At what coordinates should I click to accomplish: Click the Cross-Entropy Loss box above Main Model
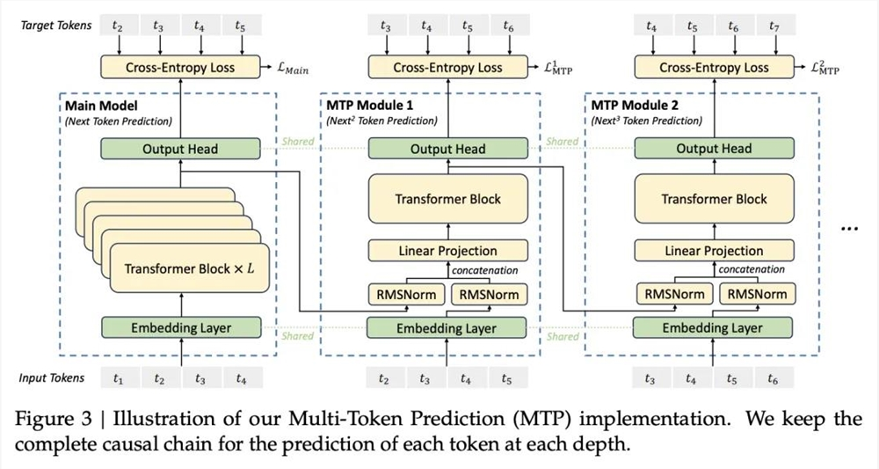pos(180,67)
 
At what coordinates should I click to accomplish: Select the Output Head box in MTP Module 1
pos(448,149)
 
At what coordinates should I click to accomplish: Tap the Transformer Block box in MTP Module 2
pos(714,199)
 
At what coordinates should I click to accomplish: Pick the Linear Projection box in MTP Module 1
pos(448,251)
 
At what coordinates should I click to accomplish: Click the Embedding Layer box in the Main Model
pos(181,327)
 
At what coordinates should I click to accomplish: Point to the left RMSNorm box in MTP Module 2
pos(674,294)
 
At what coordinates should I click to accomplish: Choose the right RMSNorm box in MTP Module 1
pos(490,295)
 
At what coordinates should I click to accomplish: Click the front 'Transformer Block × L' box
pos(190,268)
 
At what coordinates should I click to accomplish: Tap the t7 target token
pos(774,26)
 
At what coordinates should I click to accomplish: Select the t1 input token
pos(118,379)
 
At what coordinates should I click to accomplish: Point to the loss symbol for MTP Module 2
pos(825,68)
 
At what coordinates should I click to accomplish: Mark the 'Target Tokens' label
pos(56,26)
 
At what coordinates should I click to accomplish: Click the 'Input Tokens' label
pos(52,378)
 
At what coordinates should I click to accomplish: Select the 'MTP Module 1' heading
pos(370,105)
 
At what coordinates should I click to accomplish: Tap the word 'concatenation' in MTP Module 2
pos(752,269)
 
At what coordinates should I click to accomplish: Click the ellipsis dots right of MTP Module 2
pos(850,229)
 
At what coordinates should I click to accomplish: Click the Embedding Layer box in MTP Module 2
pos(713,327)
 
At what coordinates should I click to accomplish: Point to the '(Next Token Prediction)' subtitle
pos(119,121)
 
